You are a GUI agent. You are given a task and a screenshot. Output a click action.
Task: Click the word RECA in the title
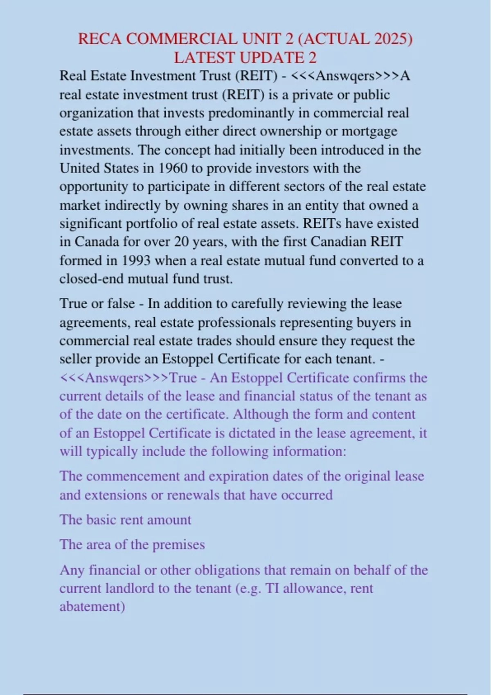[99, 39]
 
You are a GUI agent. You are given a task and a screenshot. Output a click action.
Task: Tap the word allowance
[309, 588]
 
